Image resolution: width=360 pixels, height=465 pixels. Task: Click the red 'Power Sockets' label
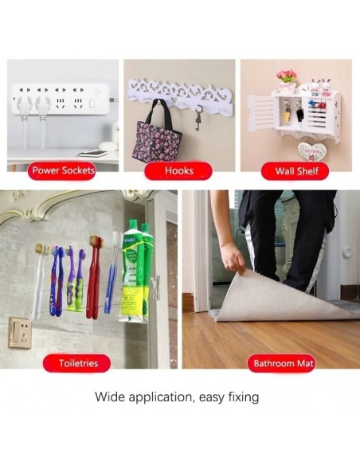[61, 170]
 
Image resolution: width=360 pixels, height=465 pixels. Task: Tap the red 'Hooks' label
[178, 170]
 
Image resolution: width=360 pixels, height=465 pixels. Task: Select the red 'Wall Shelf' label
[295, 171]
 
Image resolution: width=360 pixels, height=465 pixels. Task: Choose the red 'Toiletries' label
[76, 363]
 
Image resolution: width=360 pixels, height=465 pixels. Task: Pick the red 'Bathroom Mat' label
[281, 363]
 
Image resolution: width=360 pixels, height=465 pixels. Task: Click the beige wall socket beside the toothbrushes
[20, 332]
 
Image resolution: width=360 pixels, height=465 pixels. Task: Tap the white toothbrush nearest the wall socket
[40, 282]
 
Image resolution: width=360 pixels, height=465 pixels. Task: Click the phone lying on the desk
[93, 154]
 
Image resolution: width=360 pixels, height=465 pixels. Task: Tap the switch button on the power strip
[92, 104]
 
